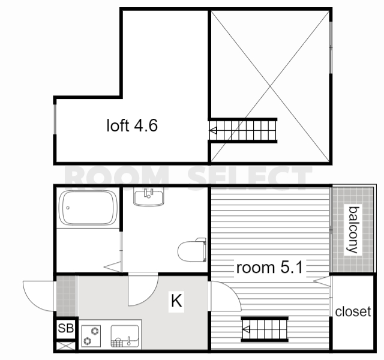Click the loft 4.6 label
(x=132, y=125)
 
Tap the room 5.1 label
(x=269, y=268)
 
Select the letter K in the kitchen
(x=176, y=301)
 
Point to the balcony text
(x=353, y=230)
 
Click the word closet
(x=353, y=311)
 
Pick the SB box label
(x=65, y=328)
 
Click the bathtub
(x=88, y=208)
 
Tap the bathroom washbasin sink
(x=149, y=197)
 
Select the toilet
(x=192, y=250)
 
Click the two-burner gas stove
(x=91, y=336)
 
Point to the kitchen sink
(x=125, y=336)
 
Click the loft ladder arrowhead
(x=213, y=131)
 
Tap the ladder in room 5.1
(x=265, y=329)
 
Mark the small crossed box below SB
(x=65, y=346)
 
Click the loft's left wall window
(x=55, y=119)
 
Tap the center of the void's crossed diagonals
(x=270, y=86)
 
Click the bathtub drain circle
(x=68, y=208)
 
